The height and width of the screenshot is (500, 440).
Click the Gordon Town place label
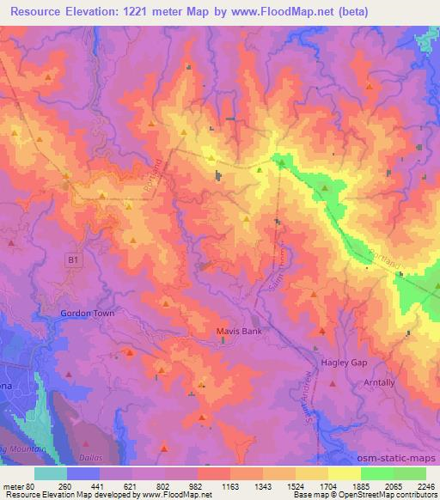click(x=87, y=314)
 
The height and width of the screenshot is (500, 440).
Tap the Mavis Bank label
click(x=237, y=331)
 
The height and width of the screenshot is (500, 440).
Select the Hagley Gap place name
click(x=344, y=363)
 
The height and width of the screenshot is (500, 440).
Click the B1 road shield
click(x=73, y=258)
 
